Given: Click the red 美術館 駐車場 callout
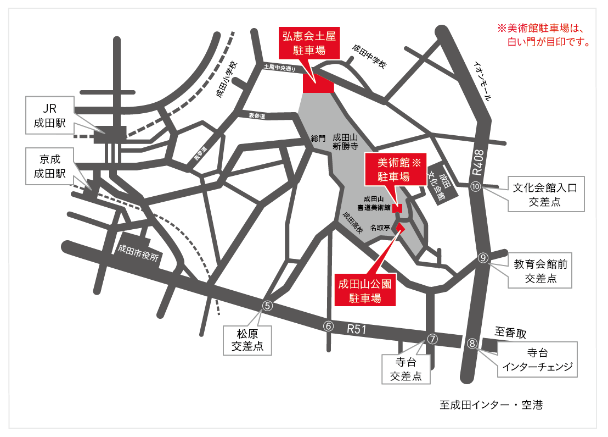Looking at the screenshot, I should pos(393,169).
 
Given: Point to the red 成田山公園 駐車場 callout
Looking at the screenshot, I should pos(365,291).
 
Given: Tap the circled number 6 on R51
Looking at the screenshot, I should pos(329,325).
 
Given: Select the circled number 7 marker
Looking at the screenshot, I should pos(433,339).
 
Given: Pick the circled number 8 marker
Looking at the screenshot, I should pos(472,344).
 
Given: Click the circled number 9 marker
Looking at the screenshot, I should pos(483,257).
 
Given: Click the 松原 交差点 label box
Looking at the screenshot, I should pos(247,340).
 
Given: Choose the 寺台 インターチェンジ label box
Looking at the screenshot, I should pos(537,359).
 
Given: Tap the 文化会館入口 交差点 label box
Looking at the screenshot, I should pos(544,195).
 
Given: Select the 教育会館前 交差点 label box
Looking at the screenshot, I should pos(541,271).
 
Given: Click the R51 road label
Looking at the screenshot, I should pos(357,330).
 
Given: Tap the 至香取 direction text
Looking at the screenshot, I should pos(510,333).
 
